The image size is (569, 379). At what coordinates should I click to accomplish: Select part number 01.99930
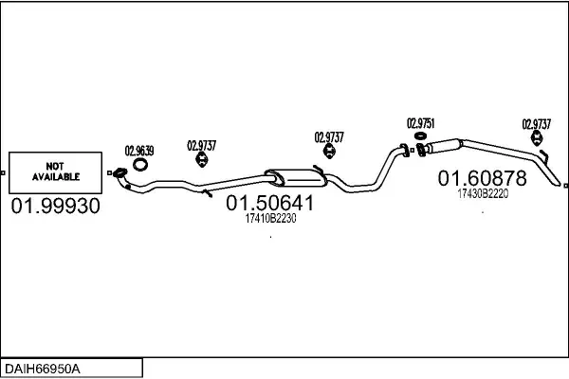pos(55,207)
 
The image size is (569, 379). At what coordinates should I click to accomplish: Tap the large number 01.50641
pos(270,203)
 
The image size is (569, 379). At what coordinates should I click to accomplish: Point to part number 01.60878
pos(481,178)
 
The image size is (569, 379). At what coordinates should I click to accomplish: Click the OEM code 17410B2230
pos(270,219)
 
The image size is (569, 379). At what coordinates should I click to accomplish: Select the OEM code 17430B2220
pos(483,194)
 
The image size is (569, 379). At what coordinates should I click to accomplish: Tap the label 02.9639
pos(139,149)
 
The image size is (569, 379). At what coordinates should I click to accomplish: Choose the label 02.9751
pos(420,123)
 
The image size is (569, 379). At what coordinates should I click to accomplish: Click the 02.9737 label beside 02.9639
pos(201,145)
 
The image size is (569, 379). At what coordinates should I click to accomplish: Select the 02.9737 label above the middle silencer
pos(329,136)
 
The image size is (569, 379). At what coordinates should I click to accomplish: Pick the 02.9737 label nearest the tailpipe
pos(537,123)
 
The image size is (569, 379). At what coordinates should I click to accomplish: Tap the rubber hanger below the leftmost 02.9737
pos(201,162)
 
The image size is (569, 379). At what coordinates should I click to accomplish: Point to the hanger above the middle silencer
pos(329,153)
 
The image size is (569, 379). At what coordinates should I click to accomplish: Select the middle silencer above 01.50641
pos(294,176)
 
